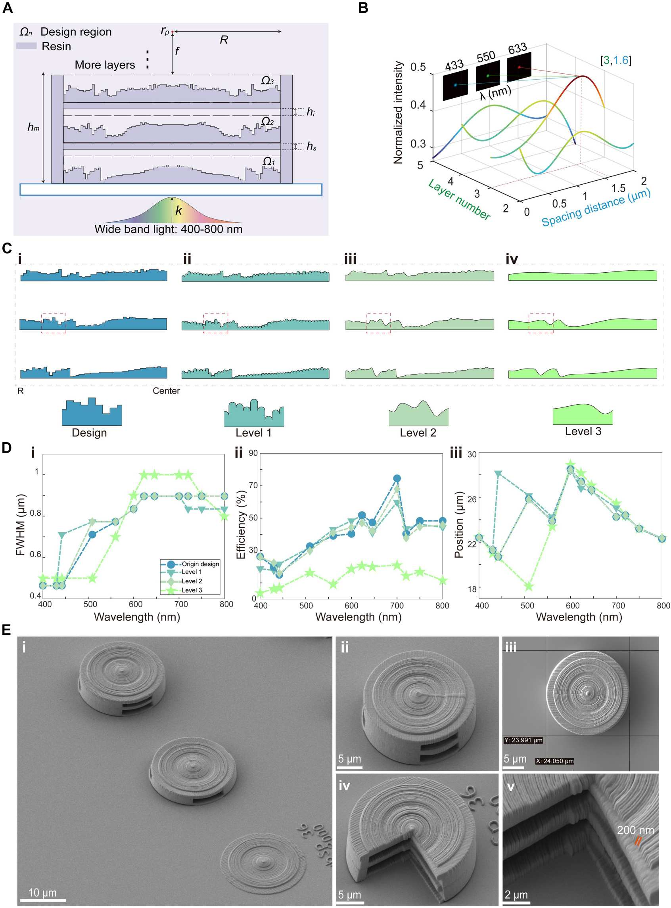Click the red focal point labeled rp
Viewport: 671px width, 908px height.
(172, 31)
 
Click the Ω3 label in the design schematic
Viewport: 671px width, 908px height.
(267, 80)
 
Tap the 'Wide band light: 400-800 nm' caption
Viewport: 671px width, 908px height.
(168, 229)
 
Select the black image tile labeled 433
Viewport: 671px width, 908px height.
(455, 84)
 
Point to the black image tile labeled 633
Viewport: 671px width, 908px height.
(519, 67)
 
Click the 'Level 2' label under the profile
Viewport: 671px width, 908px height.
(418, 433)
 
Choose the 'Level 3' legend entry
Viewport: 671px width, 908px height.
(192, 590)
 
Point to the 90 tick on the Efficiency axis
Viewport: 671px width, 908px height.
(253, 453)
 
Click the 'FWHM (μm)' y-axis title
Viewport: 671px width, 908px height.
(20, 525)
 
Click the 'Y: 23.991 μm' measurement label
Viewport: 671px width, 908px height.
(523, 740)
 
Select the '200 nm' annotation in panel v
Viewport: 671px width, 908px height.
(635, 830)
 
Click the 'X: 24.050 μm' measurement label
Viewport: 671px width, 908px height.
(554, 761)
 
